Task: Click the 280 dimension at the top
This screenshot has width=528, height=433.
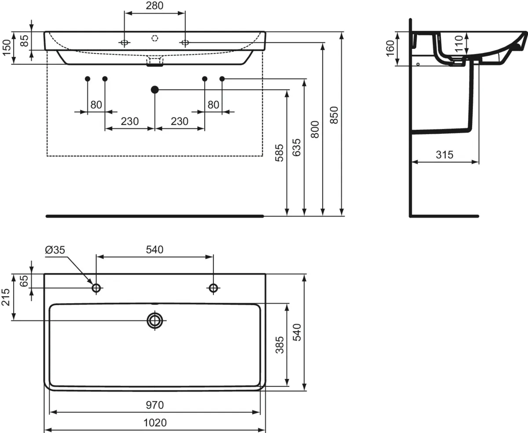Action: (154, 6)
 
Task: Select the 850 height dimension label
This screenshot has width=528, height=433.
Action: (334, 115)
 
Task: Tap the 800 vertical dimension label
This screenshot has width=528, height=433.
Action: (315, 129)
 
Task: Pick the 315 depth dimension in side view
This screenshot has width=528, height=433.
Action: (444, 155)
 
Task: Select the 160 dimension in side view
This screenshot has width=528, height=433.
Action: (390, 48)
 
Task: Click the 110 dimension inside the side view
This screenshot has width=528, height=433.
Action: (458, 44)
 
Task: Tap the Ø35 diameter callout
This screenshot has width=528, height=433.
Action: (55, 250)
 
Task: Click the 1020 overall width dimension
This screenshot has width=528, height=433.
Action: (155, 423)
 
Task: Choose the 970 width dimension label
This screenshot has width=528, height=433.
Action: (155, 405)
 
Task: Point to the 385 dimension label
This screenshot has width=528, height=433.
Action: (280, 345)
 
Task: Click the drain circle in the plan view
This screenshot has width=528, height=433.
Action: (155, 320)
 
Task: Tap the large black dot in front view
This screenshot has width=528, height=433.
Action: (154, 89)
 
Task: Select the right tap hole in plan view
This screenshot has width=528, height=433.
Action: (213, 288)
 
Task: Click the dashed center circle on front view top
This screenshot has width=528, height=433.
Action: (154, 38)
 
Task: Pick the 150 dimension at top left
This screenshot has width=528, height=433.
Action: (6, 48)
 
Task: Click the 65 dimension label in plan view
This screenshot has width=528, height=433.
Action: (24, 281)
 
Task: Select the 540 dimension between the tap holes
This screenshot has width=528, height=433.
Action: (155, 250)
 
